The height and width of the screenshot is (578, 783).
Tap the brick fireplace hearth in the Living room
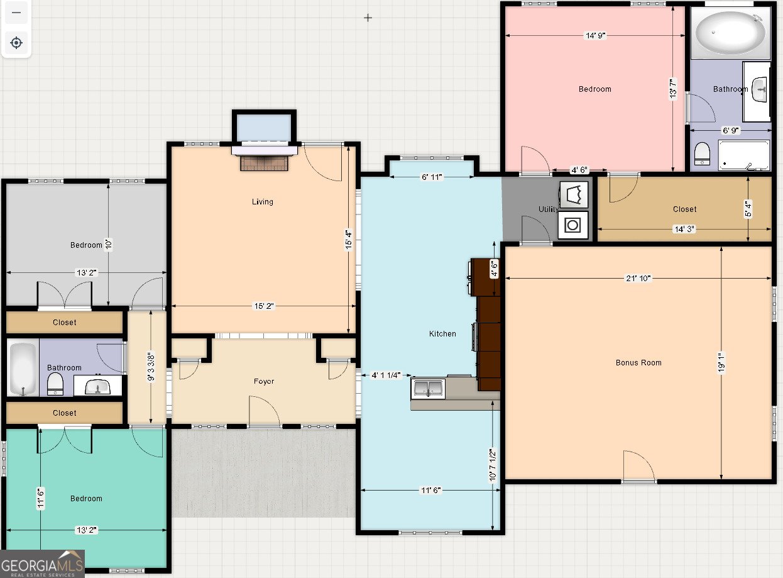click(264, 163)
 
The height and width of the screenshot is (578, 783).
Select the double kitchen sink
click(428, 388)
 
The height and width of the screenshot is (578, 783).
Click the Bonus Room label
click(638, 362)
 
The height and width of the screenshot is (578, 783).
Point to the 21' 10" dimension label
click(638, 278)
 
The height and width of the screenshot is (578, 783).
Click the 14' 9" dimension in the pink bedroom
click(596, 35)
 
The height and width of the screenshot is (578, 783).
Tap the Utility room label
click(548, 209)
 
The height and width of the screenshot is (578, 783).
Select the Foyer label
click(263, 381)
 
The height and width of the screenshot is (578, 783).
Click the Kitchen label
click(442, 333)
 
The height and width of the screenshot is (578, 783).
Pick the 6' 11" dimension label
click(432, 177)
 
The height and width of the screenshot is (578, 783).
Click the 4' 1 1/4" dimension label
click(386, 375)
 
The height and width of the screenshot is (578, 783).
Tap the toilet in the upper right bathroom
click(702, 153)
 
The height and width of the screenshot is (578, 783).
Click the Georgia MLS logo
click(42, 564)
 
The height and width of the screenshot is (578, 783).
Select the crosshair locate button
click(16, 43)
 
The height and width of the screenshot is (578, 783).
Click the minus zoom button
click(16, 13)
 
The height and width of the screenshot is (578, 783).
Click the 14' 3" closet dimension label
click(684, 229)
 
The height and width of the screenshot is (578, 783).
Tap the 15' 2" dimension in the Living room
click(264, 306)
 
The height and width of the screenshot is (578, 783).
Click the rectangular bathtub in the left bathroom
click(23, 368)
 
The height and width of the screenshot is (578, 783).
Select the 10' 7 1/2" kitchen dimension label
click(493, 465)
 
